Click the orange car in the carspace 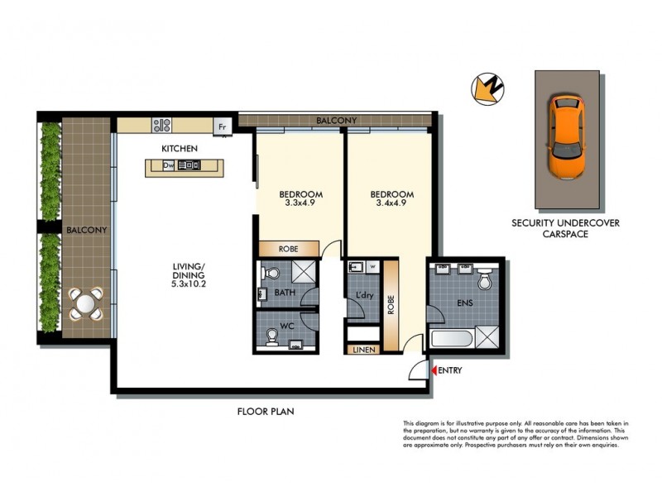tap(566, 138)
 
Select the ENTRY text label tap(450, 370)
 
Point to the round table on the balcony tap(86, 303)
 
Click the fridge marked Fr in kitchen tap(221, 126)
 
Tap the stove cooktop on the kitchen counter tap(161, 126)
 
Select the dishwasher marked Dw tap(168, 165)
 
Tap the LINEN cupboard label tap(364, 350)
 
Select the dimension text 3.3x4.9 tap(299, 201)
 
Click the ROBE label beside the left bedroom tap(289, 248)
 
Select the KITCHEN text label tap(180, 148)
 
